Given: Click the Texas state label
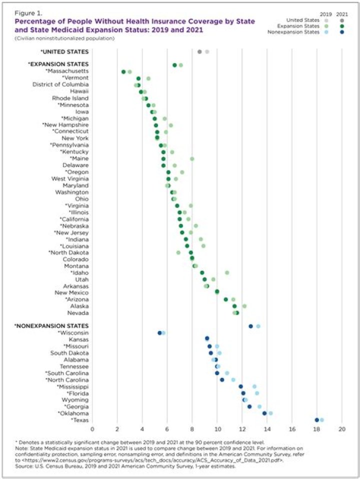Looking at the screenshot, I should tap(81, 420).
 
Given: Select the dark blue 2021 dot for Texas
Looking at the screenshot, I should tap(317, 420).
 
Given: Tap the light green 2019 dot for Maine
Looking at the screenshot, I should tap(192, 158).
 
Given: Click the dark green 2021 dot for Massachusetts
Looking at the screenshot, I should tap(123, 72).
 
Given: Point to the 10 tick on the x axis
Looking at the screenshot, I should tap(217, 429).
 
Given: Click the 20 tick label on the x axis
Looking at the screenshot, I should tap(342, 429).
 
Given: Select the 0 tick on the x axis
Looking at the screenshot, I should tap(92, 429).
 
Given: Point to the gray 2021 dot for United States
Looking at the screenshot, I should tap(199, 51).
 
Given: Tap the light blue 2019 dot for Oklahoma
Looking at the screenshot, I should tap(270, 413).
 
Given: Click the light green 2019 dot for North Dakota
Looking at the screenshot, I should tap(178, 252).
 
